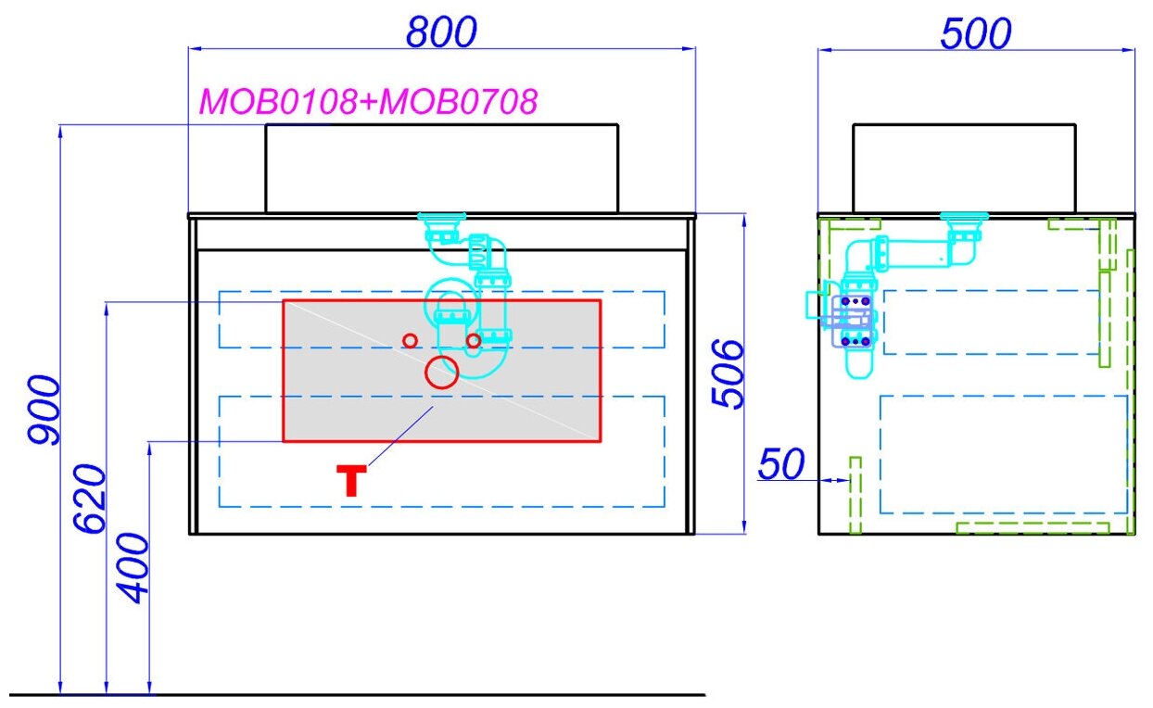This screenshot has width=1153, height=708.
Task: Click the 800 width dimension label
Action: point(441,32)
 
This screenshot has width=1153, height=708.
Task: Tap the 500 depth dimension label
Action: point(975,34)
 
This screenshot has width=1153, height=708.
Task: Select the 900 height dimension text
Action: point(44,410)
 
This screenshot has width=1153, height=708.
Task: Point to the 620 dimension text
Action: point(90,499)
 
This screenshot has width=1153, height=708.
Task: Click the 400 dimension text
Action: point(134,568)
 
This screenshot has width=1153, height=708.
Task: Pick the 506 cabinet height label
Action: point(729,373)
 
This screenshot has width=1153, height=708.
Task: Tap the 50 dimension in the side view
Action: point(780,464)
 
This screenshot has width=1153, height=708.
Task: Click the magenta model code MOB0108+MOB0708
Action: point(368,102)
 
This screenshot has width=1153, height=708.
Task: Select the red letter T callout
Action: point(351,481)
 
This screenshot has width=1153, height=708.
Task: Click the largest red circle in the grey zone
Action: point(442,372)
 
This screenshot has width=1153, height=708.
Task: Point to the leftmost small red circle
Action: point(410,340)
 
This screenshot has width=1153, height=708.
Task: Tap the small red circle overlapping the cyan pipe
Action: point(474,341)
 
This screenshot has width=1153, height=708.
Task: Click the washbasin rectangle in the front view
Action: point(441,168)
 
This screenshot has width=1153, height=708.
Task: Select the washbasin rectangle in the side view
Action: point(964,168)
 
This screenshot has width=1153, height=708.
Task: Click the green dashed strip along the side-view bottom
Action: point(1032,527)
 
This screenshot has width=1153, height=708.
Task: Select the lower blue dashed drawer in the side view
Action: point(1003,454)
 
